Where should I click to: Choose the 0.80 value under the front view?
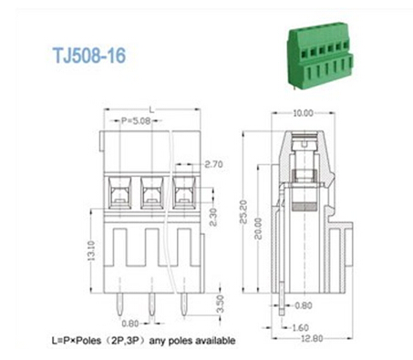130,323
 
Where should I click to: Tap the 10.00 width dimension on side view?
303,113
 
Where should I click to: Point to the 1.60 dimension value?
300,325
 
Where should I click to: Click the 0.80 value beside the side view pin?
303,306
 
